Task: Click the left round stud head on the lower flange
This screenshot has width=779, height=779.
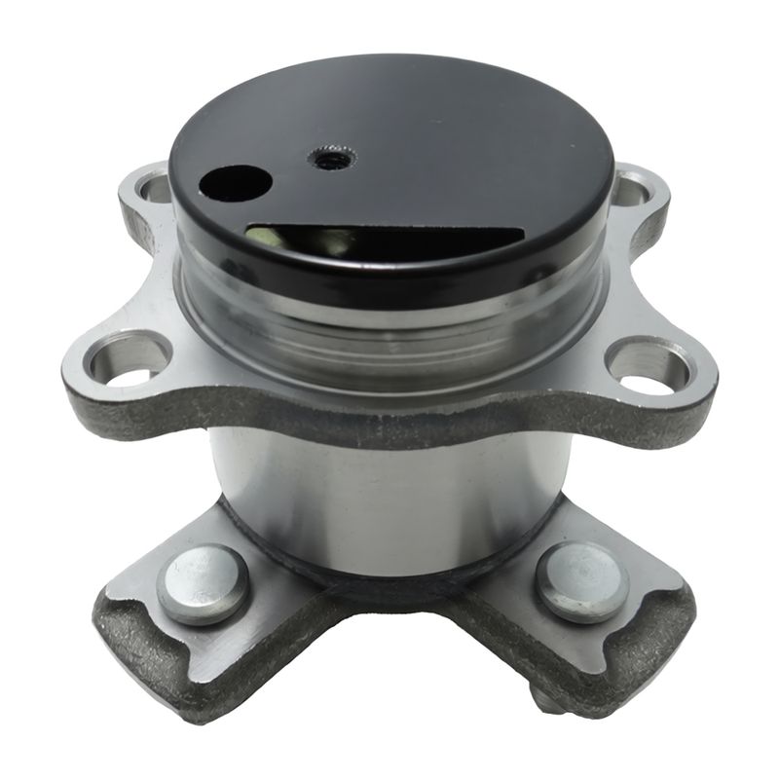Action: (203, 582)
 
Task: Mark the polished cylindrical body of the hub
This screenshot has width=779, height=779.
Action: (389, 497)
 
